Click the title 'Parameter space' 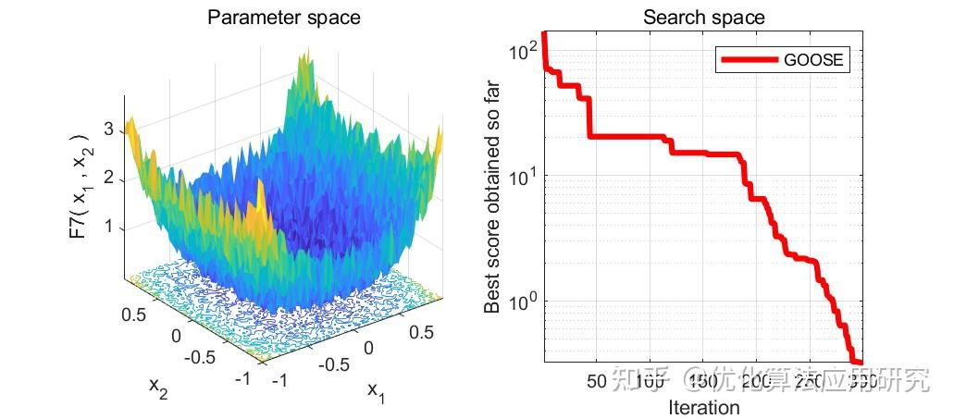pyautogui.click(x=283, y=17)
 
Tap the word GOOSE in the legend pyautogui.click(x=813, y=60)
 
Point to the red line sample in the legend pyautogui.click(x=748, y=60)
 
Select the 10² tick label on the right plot pyautogui.click(x=522, y=50)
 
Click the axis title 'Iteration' pyautogui.click(x=704, y=407)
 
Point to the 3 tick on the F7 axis pyautogui.click(x=108, y=129)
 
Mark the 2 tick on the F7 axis pyautogui.click(x=108, y=178)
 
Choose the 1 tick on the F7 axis pyautogui.click(x=108, y=226)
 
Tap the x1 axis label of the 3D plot pyautogui.click(x=376, y=391)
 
